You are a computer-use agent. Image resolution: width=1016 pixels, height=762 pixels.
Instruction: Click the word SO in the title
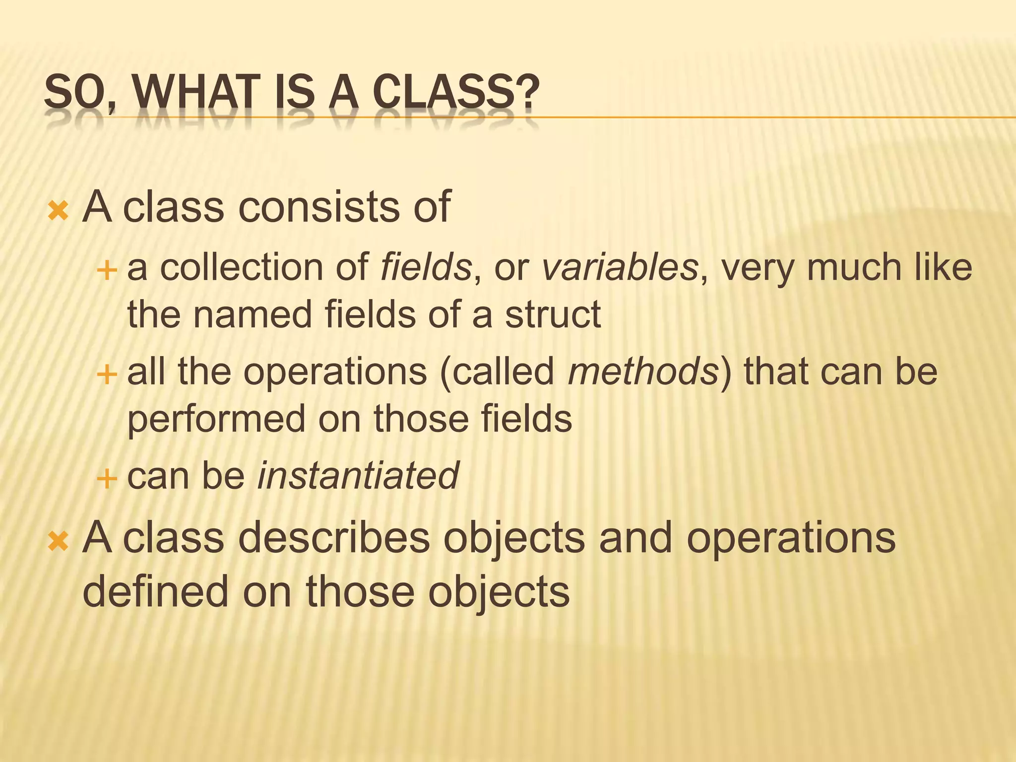coord(74,93)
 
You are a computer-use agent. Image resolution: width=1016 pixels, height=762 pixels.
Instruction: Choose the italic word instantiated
coord(358,475)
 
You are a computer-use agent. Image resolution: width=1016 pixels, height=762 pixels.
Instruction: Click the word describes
coord(334,538)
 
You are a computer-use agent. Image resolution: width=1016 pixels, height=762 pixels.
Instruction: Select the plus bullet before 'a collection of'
coord(106,271)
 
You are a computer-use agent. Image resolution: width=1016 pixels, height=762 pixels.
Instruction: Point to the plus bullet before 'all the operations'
coord(106,375)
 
